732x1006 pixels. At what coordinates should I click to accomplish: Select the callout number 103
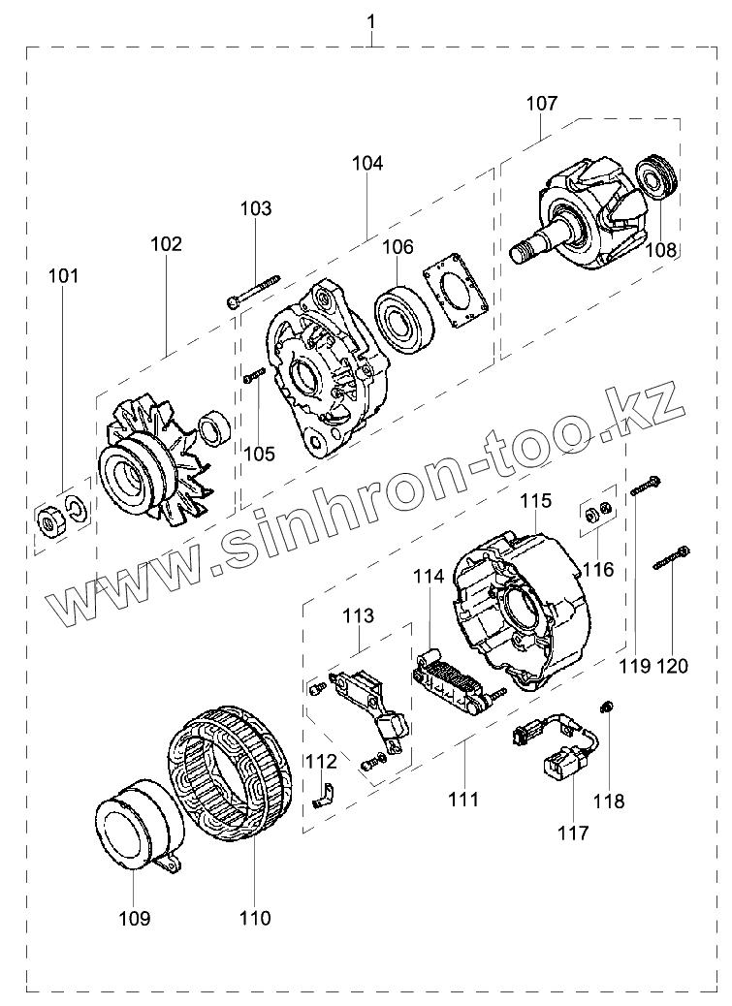pyautogui.click(x=256, y=208)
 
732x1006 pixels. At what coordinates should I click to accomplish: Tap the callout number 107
pyautogui.click(x=542, y=101)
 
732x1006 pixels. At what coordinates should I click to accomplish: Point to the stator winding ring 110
pyautogui.click(x=231, y=780)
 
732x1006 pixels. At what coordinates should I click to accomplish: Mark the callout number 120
pyautogui.click(x=672, y=666)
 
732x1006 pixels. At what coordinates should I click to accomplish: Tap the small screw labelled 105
pyautogui.click(x=255, y=376)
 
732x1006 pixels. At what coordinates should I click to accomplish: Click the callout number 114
pyautogui.click(x=428, y=576)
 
